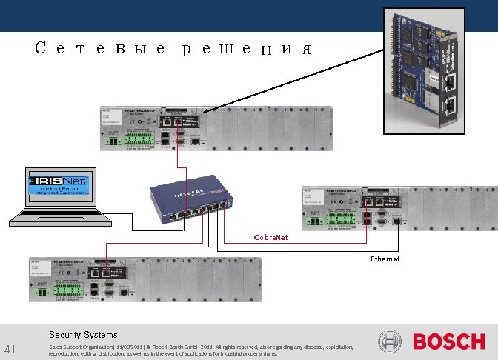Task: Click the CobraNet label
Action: point(270,238)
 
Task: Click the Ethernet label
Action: point(385,259)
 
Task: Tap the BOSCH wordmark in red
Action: point(448,341)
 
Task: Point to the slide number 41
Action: point(10,349)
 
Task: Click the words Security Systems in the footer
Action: point(83,335)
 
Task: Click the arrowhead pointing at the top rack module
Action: point(205,111)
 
